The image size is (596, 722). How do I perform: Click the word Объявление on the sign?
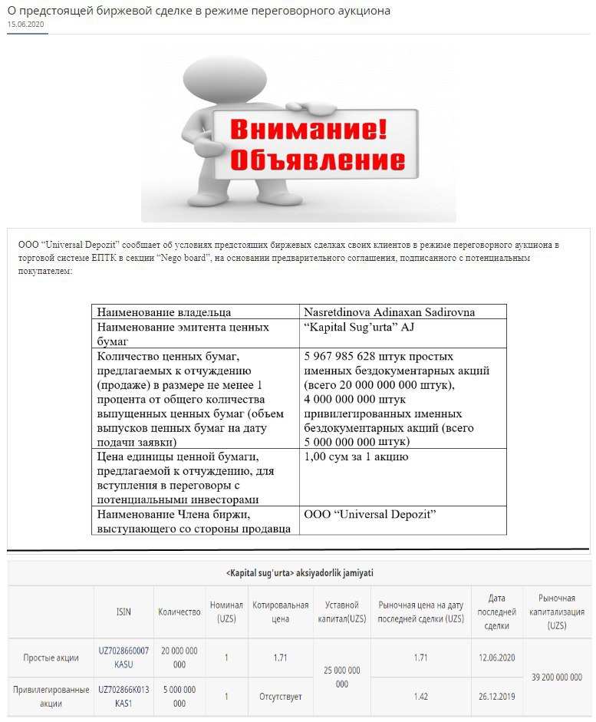pyautogui.click(x=317, y=160)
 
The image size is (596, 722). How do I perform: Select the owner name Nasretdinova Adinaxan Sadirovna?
pyautogui.click(x=389, y=312)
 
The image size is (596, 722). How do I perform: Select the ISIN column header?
pyautogui.click(x=123, y=612)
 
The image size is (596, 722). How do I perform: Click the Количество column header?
pyautogui.click(x=179, y=612)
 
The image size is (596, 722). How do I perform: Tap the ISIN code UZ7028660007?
pyautogui.click(x=123, y=651)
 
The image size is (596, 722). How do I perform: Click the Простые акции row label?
pyautogui.click(x=51, y=658)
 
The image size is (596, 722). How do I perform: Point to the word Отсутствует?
pyautogui.click(x=281, y=696)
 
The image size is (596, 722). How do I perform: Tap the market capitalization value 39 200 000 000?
pyautogui.click(x=556, y=677)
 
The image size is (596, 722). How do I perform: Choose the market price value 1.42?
pyautogui.click(x=421, y=696)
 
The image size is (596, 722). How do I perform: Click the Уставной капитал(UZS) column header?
pyautogui.click(x=342, y=612)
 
